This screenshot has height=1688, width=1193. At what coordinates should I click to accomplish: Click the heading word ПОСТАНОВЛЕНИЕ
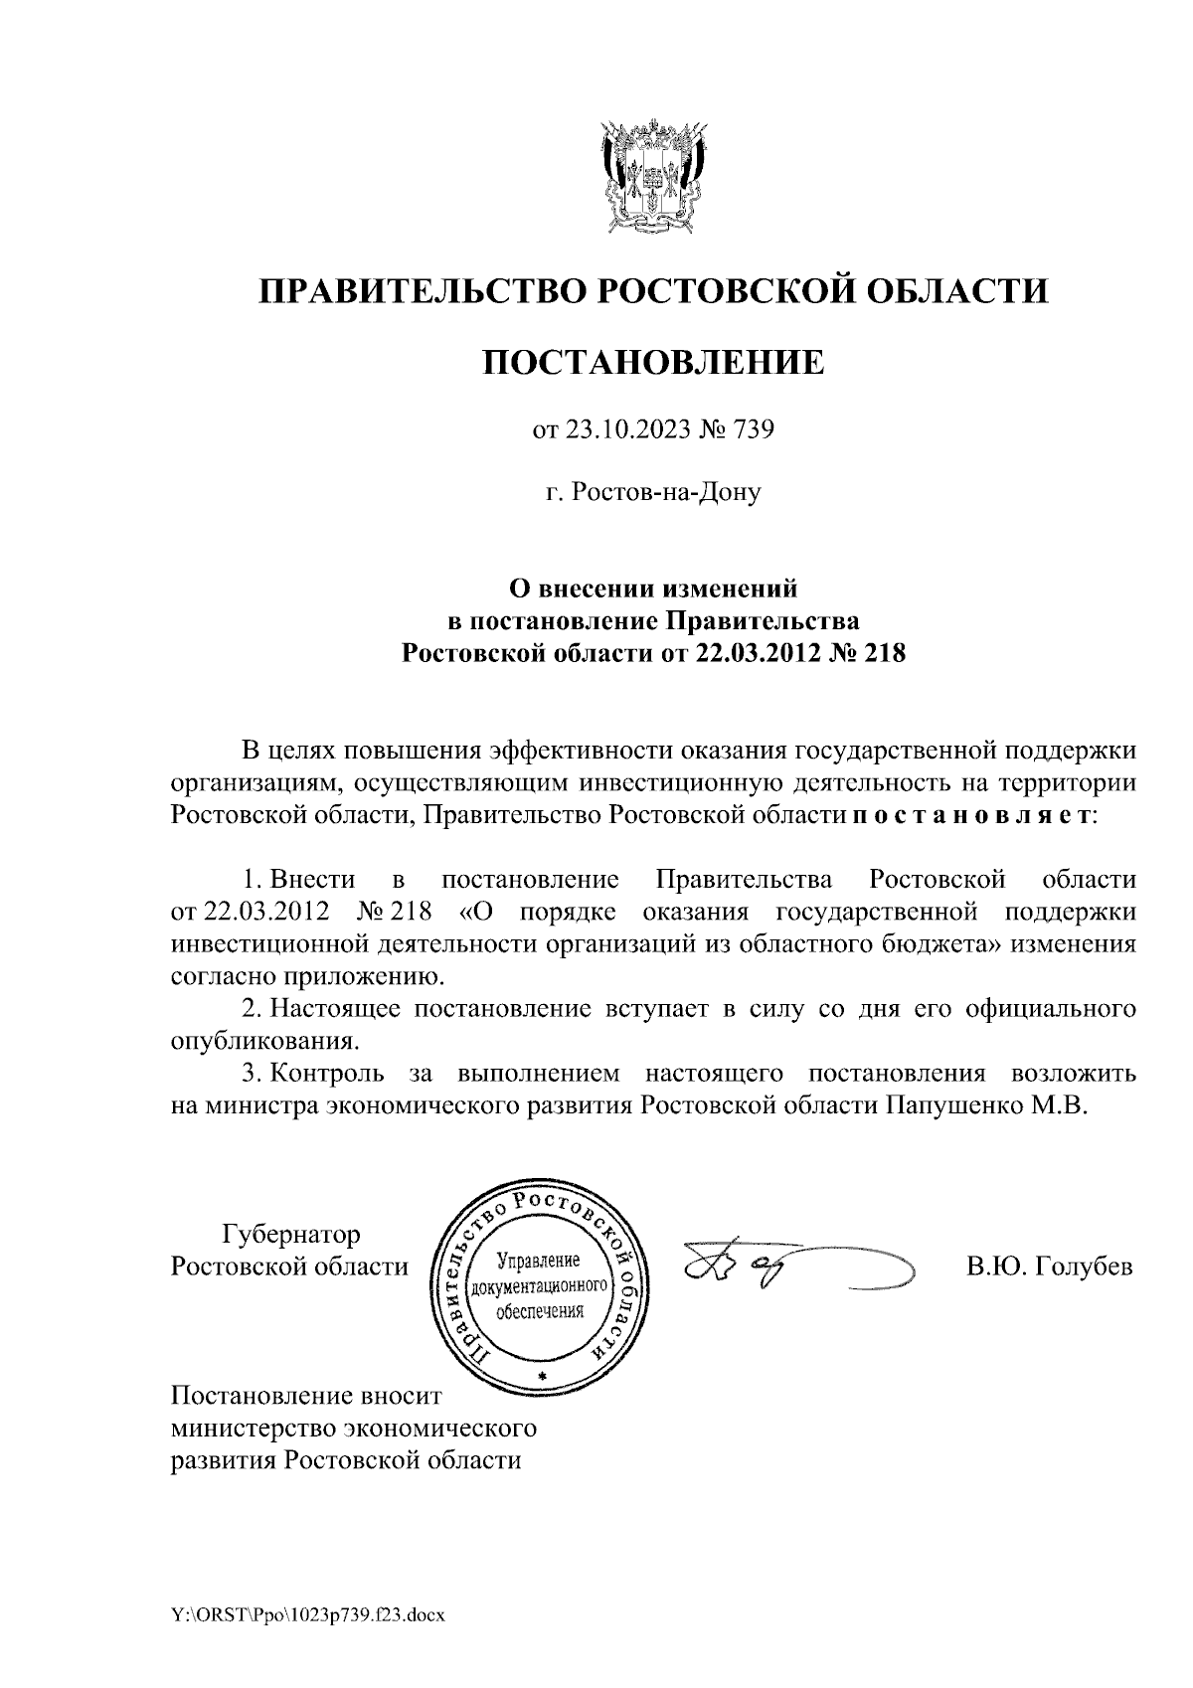click(653, 362)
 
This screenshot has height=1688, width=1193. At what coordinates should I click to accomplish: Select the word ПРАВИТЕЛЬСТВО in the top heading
click(417, 291)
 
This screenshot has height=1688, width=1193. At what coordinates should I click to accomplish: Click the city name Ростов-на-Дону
click(653, 491)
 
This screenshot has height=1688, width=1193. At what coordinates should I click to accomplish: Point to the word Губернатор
click(290, 1235)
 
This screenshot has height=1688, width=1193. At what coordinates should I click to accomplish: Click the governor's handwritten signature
click(795, 1269)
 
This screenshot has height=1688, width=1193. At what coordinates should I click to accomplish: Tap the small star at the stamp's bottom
click(542, 1375)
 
